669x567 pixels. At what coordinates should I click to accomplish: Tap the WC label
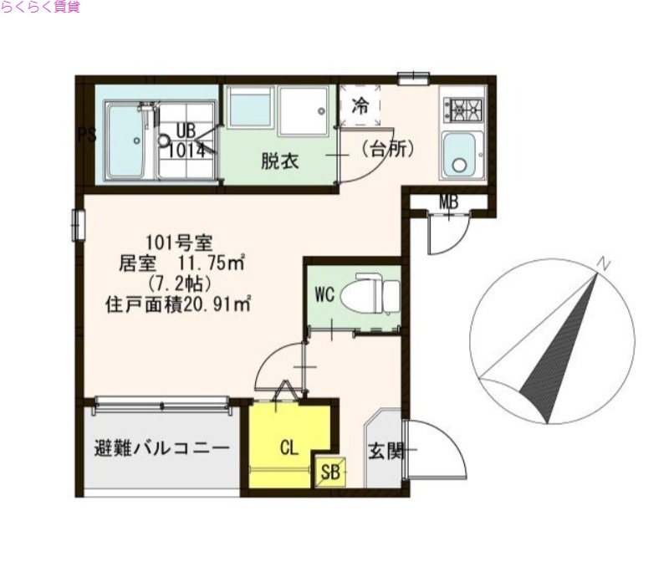click(324, 294)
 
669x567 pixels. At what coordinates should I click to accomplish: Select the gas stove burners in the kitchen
click(463, 108)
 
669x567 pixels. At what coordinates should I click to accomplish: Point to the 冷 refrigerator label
click(360, 106)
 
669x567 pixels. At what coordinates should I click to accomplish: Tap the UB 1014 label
click(186, 142)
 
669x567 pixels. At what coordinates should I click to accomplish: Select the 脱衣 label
click(279, 161)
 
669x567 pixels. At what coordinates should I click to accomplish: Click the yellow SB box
click(331, 472)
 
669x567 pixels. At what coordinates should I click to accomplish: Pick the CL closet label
click(289, 448)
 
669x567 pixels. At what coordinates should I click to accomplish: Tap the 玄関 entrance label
click(386, 452)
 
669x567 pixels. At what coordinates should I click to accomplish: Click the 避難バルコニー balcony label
click(161, 448)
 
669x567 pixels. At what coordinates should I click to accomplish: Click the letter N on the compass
click(603, 264)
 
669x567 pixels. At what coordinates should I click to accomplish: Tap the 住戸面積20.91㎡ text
click(178, 304)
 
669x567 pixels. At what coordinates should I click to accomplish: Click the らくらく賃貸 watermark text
click(40, 8)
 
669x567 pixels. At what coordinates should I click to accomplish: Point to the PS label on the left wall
click(85, 135)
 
